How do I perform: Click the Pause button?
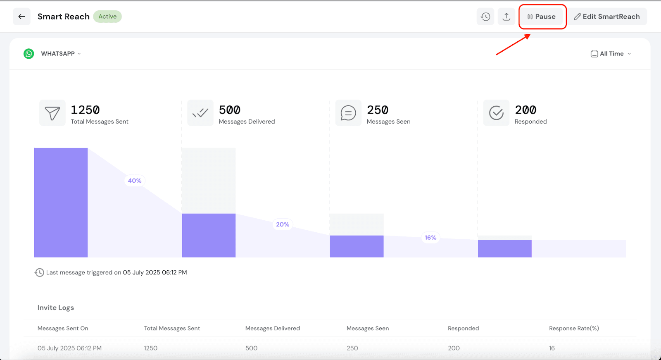pyautogui.click(x=542, y=17)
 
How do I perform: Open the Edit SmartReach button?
pyautogui.click(x=606, y=17)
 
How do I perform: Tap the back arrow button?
pyautogui.click(x=21, y=17)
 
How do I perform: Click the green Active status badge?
pyautogui.click(x=107, y=17)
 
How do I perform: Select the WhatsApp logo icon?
pyautogui.click(x=29, y=54)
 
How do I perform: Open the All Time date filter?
pyautogui.click(x=611, y=54)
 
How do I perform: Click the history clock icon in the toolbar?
pyautogui.click(x=485, y=17)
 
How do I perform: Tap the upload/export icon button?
pyautogui.click(x=506, y=17)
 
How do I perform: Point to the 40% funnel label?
pyautogui.click(x=135, y=181)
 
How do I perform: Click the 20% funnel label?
pyautogui.click(x=283, y=224)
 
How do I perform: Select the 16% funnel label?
pyautogui.click(x=430, y=238)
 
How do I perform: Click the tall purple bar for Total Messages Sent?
pyautogui.click(x=61, y=203)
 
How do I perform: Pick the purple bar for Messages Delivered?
pyautogui.click(x=209, y=235)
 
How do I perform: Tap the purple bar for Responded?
pyautogui.click(x=504, y=248)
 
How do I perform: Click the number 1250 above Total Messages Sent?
pyautogui.click(x=85, y=110)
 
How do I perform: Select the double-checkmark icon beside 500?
pyautogui.click(x=200, y=113)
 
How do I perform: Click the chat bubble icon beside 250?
pyautogui.click(x=348, y=113)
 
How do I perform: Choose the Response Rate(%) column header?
pyautogui.click(x=574, y=328)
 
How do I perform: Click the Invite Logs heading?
pyautogui.click(x=56, y=308)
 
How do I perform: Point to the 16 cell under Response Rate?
pyautogui.click(x=552, y=348)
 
